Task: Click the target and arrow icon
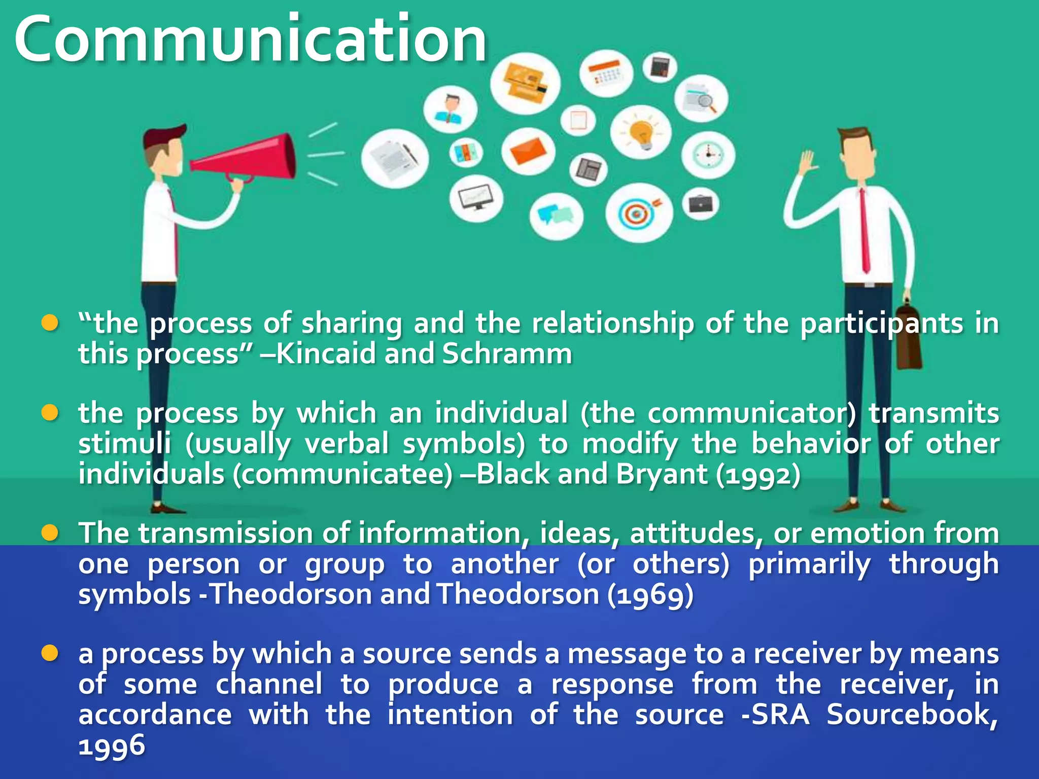tap(638, 213)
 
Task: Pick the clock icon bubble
tap(708, 155)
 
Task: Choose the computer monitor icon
tap(476, 198)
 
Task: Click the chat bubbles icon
tap(556, 216)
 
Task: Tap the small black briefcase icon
tap(701, 204)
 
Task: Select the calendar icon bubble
tap(606, 74)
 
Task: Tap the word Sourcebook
tap(912, 715)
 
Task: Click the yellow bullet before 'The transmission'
tap(50, 533)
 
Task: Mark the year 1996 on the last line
tap(112, 746)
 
